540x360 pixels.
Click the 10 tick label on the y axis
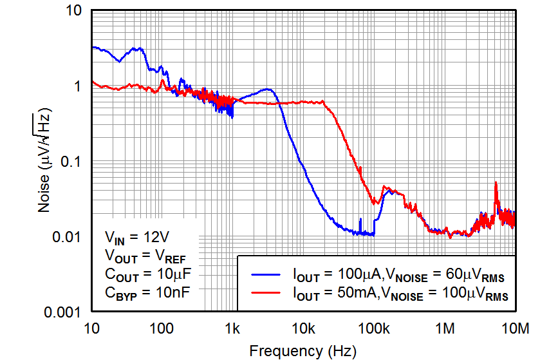click(73, 11)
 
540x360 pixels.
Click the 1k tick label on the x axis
click(232, 329)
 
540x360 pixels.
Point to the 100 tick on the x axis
click(162, 329)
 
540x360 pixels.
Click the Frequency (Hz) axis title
click(302, 351)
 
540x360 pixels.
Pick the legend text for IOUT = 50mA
click(400, 296)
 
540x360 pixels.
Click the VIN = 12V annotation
click(137, 236)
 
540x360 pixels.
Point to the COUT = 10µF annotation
click(147, 273)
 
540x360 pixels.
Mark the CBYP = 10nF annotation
click(147, 292)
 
